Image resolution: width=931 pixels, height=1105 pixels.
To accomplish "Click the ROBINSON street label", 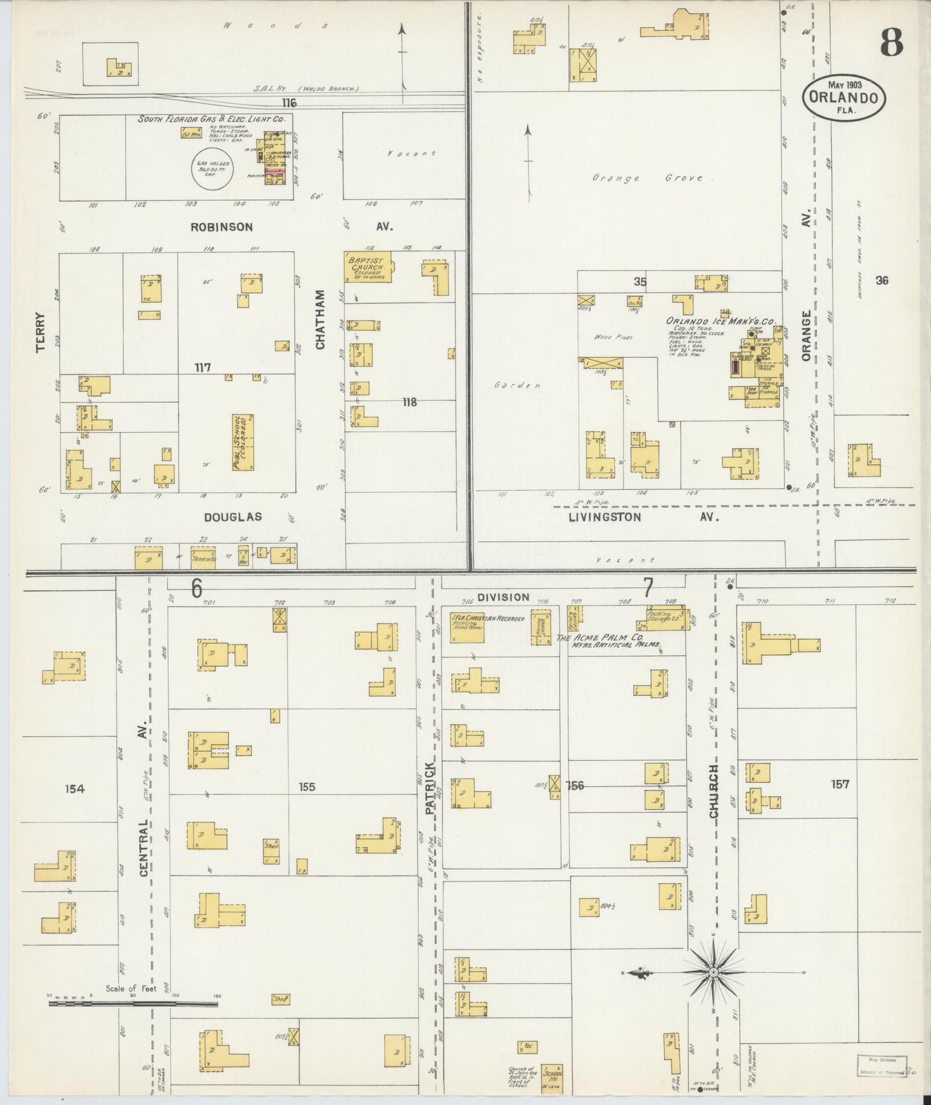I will [221, 227].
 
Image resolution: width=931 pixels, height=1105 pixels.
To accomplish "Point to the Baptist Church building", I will [366, 266].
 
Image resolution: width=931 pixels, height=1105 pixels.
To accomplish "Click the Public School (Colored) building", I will [243, 442].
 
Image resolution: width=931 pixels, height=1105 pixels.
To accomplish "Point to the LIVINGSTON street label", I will [604, 517].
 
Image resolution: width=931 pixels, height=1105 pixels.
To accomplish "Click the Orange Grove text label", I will [648, 178].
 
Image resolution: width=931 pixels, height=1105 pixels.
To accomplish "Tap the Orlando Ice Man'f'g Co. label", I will [720, 322].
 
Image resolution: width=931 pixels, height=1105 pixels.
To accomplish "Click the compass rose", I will [713, 972].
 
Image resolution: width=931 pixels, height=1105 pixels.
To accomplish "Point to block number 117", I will [203, 367].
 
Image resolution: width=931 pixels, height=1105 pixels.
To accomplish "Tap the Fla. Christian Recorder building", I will [468, 627].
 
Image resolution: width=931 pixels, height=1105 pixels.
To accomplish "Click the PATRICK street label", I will [431, 788].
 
